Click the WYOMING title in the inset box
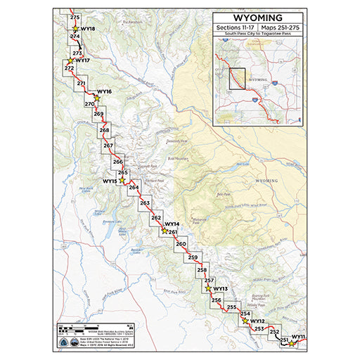(x=259, y=17)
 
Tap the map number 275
(x=75, y=16)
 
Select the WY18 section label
(x=88, y=29)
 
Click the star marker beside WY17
(x=70, y=61)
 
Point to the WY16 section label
(x=104, y=92)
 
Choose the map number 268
(x=104, y=131)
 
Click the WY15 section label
(x=109, y=181)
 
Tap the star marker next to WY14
(x=165, y=230)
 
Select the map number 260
(x=181, y=244)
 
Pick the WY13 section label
(x=220, y=289)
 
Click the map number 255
(x=231, y=307)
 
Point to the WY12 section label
(x=257, y=321)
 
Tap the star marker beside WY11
(x=292, y=344)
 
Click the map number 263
(x=145, y=203)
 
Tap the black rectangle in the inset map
(x=238, y=79)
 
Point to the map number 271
(x=81, y=84)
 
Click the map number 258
(x=202, y=270)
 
